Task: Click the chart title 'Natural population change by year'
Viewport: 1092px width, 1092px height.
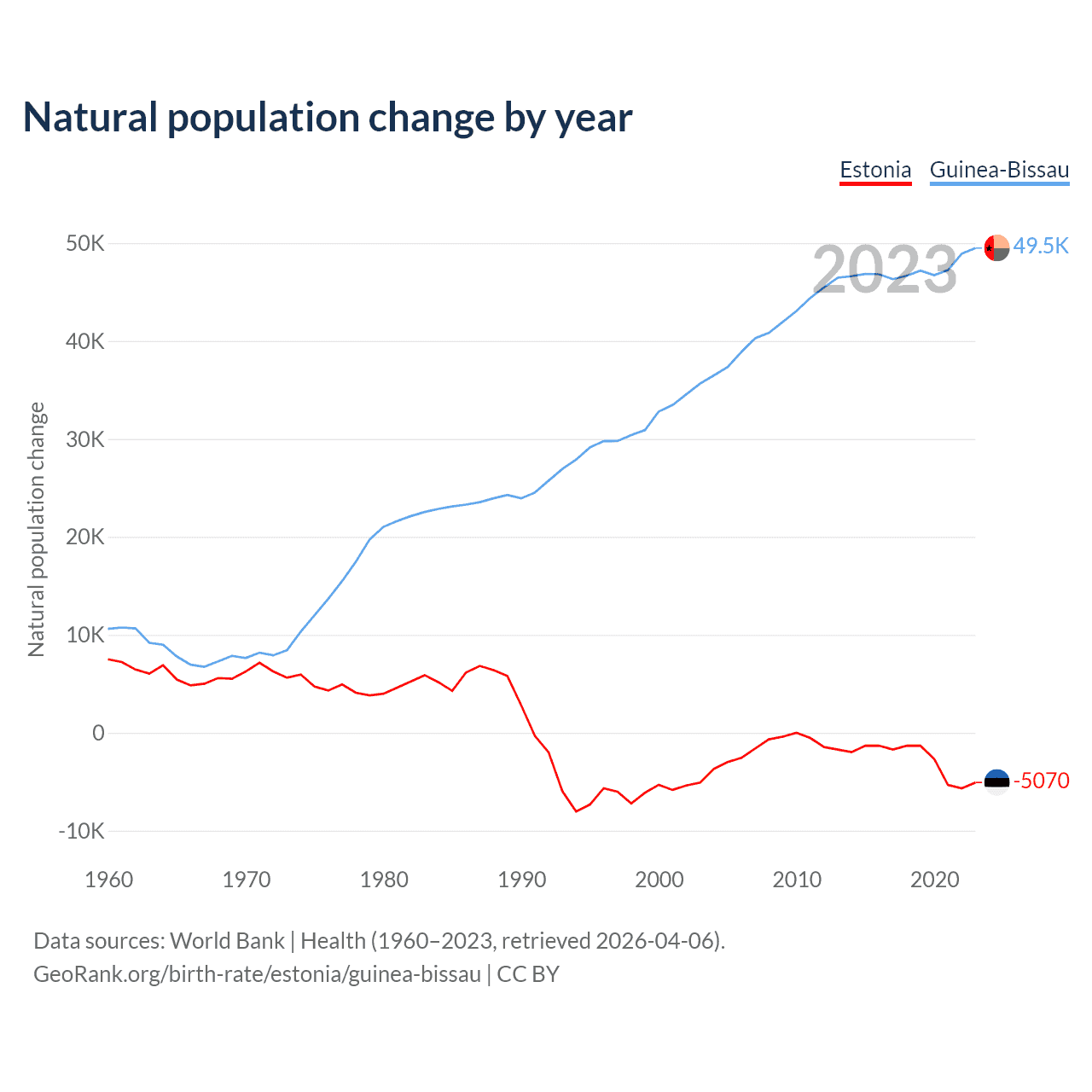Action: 328,118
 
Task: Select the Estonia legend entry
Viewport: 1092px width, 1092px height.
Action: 875,170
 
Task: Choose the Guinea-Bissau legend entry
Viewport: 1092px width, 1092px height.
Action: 999,170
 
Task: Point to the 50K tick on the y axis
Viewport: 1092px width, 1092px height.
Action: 85,244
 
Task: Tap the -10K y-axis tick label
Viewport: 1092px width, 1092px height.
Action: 81,831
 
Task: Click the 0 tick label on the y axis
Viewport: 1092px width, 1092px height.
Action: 98,733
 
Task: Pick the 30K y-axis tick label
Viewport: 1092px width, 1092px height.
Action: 85,439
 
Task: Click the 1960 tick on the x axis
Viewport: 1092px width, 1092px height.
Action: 109,880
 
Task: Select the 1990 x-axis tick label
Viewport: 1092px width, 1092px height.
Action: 521,880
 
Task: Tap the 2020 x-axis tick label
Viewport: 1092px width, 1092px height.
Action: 934,880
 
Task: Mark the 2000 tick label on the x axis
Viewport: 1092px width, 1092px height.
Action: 659,880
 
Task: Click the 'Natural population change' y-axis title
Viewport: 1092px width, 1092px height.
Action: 37,529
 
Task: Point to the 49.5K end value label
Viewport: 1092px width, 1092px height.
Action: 1041,246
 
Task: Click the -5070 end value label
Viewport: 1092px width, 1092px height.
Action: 1041,781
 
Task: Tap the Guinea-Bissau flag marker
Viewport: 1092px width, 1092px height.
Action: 996,247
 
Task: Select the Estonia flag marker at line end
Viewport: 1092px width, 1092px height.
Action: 996,781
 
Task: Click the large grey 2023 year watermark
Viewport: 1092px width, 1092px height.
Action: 885,270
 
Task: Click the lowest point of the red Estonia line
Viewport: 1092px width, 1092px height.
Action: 576,810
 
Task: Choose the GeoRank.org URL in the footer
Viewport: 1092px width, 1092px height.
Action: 257,974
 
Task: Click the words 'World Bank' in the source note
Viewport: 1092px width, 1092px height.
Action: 227,941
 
